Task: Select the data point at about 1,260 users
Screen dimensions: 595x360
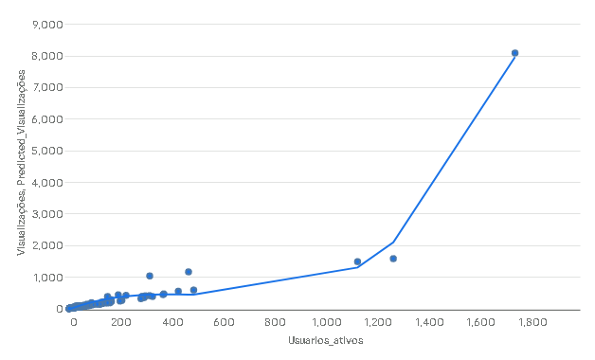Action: point(393,259)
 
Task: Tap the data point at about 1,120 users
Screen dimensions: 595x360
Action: point(357,261)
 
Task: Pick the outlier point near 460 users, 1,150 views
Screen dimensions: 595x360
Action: point(189,272)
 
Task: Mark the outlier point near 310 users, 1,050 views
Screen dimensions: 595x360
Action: point(150,276)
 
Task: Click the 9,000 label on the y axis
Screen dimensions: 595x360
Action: point(47,25)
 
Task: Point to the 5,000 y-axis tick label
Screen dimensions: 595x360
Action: point(47,151)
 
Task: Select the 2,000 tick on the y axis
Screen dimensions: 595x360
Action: point(47,245)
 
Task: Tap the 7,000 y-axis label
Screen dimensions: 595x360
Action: point(47,87)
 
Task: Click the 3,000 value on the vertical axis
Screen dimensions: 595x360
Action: point(47,214)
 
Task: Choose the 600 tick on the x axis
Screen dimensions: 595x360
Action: point(224,322)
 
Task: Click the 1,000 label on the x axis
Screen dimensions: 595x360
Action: point(326,322)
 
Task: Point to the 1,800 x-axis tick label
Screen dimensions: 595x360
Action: point(532,322)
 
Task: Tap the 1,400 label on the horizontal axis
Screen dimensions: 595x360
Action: point(429,322)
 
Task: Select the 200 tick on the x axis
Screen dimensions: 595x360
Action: point(120,322)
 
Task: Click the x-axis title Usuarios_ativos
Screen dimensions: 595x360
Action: point(326,340)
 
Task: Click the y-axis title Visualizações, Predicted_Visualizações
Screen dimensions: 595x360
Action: point(21,162)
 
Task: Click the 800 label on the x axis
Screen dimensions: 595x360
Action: point(275,322)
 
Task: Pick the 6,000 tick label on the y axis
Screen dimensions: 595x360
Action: point(47,119)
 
